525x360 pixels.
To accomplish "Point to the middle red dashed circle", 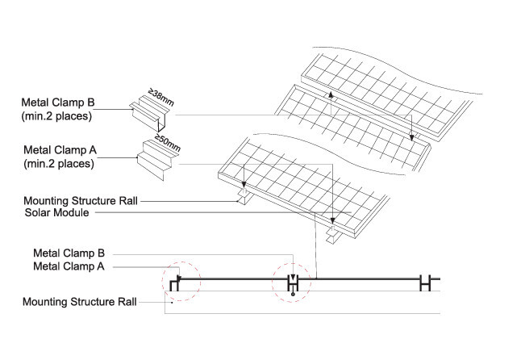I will [x=293, y=283].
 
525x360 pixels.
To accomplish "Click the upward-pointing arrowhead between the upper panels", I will [x=330, y=94].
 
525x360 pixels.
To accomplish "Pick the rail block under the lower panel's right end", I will [x=332, y=237].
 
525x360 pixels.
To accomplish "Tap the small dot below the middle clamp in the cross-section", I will [x=293, y=295].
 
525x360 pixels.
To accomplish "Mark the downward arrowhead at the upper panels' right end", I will [x=413, y=138].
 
